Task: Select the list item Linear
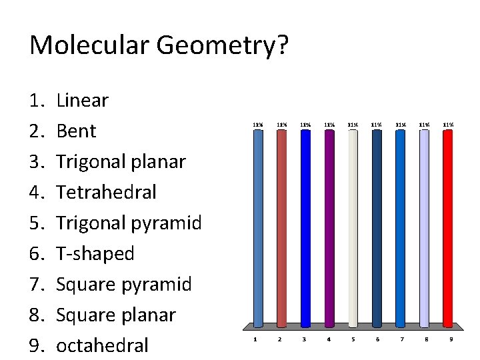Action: click(82, 101)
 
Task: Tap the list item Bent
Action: click(76, 131)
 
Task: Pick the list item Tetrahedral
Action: click(107, 192)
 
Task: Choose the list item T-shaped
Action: click(95, 253)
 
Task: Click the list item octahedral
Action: click(102, 345)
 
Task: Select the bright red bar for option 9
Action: click(449, 227)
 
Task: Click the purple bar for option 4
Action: click(329, 227)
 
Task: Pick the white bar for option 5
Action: click(353, 227)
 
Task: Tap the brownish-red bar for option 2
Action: click(281, 227)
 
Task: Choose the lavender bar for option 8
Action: click(425, 227)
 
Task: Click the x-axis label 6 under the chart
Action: click(377, 340)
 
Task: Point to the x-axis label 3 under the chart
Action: click(304, 340)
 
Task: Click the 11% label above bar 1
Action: click(257, 123)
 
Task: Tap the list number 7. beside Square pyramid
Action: click(36, 285)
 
